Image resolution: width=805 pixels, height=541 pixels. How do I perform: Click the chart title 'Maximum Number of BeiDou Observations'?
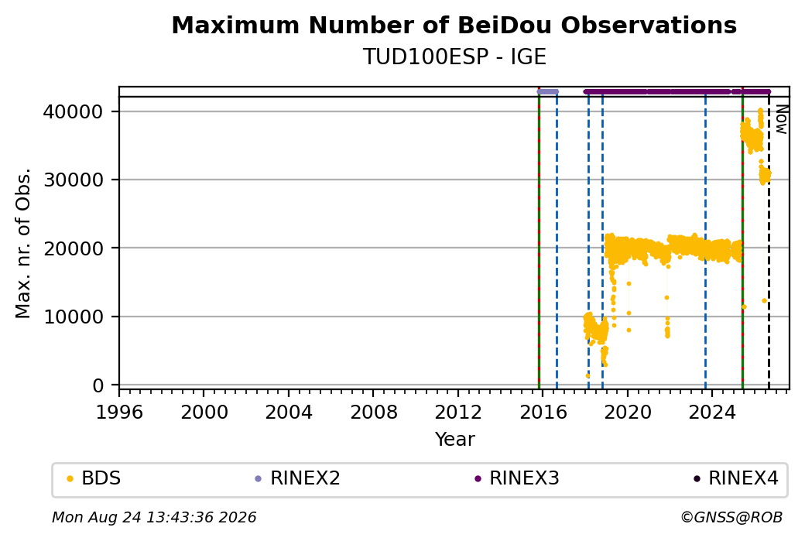pyautogui.click(x=454, y=25)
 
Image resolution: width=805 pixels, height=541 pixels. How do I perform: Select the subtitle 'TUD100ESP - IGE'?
pyautogui.click(x=454, y=56)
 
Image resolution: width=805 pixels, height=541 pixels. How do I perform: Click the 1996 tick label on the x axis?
pyautogui.click(x=119, y=412)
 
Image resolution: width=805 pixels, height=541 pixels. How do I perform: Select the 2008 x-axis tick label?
pyautogui.click(x=373, y=412)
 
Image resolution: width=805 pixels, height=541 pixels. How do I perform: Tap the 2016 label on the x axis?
pyautogui.click(x=543, y=412)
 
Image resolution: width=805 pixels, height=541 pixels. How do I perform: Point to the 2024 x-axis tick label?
pyautogui.click(x=713, y=412)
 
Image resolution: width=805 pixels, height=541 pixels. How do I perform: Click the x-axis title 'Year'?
pyautogui.click(x=455, y=440)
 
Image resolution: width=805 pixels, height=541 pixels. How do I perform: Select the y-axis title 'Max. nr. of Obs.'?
pyautogui.click(x=23, y=243)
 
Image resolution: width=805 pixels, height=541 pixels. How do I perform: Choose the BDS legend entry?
pyautogui.click(x=94, y=478)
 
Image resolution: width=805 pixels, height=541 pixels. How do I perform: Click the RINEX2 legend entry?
pyautogui.click(x=298, y=478)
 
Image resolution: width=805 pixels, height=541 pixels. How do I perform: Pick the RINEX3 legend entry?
pyautogui.click(x=517, y=478)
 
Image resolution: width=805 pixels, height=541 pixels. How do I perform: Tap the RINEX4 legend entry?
pyautogui.click(x=736, y=478)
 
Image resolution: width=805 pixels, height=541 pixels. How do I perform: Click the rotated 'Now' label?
pyautogui.click(x=781, y=119)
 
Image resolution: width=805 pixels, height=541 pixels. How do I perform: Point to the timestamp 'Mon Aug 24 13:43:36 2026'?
pyautogui.click(x=154, y=517)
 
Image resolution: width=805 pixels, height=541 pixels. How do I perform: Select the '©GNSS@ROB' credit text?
pyautogui.click(x=731, y=517)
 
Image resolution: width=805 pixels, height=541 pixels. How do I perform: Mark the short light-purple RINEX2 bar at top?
pyautogui.click(x=548, y=92)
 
